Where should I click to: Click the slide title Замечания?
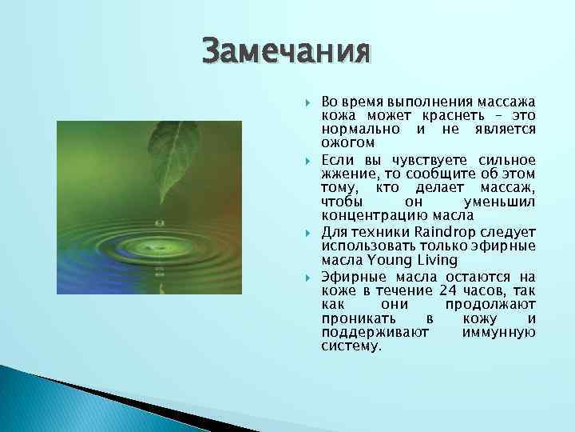click(x=286, y=52)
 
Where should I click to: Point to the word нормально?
click(x=359, y=130)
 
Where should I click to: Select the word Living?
click(x=432, y=260)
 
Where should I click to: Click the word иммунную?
click(x=498, y=332)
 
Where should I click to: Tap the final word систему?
click(x=351, y=346)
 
